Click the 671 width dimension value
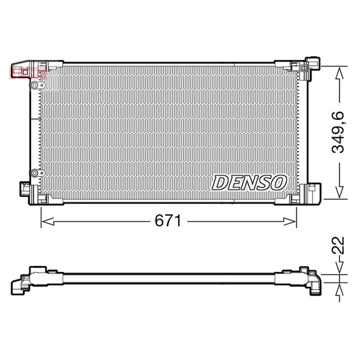pyautogui.click(x=168, y=221)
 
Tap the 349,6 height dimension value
pyautogui.click(x=338, y=132)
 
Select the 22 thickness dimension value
pyautogui.click(x=338, y=245)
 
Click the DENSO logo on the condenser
pyautogui.click(x=249, y=182)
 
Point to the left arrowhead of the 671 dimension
pyautogui.click(x=48, y=221)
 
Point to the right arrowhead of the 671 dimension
pyautogui.click(x=290, y=221)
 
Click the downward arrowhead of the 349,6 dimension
pyautogui.click(x=340, y=192)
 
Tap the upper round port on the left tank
pyautogui.click(x=35, y=85)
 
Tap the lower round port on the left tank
pyautogui.click(x=35, y=173)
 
